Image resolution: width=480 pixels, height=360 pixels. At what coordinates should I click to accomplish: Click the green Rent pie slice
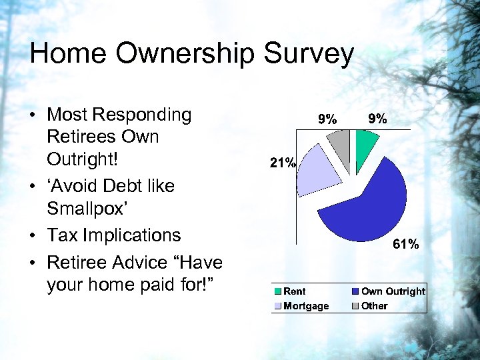[x=366, y=142]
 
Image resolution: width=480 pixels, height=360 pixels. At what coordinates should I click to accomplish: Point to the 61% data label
[x=406, y=245]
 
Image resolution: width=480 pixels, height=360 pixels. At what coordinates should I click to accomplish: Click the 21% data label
[x=283, y=162]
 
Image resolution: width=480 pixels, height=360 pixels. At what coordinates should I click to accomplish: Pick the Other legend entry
[x=374, y=306]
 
